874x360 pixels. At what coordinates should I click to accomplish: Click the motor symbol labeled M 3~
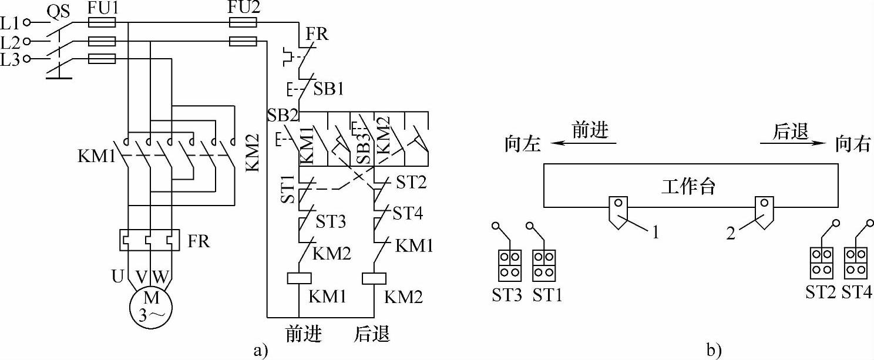[150, 308]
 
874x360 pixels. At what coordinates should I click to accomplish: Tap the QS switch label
[59, 12]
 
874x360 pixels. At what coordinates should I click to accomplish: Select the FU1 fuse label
[103, 8]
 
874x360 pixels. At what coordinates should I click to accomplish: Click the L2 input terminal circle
[27, 41]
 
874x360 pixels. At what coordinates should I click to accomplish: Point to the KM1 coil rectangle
[300, 278]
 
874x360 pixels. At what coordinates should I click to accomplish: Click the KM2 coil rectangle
[374, 278]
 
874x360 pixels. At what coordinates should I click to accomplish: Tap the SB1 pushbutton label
[329, 89]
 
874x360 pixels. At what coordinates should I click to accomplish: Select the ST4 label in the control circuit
[408, 213]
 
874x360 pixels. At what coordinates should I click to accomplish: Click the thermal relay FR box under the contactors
[149, 240]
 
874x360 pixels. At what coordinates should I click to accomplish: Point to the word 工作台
[688, 186]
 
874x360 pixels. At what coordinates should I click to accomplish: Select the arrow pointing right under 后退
[793, 143]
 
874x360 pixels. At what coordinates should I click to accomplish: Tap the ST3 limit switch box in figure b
[510, 265]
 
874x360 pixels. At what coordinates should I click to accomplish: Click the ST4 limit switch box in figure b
[856, 263]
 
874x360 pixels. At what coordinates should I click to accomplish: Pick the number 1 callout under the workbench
[655, 233]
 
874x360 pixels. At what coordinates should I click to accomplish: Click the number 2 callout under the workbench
[731, 233]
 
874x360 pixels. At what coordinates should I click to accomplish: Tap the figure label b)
[714, 350]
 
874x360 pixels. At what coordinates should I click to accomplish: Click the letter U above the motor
[117, 276]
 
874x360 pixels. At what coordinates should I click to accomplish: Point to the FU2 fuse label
[244, 8]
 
